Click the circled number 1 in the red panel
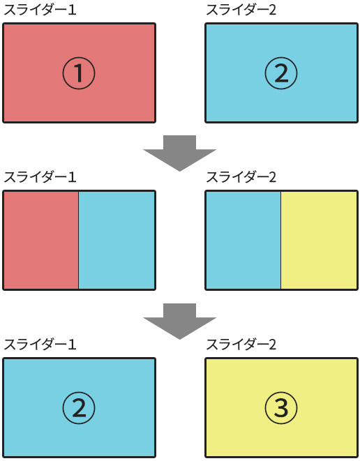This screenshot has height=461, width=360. click(x=79, y=73)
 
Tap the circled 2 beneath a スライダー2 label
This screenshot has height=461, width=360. click(x=281, y=73)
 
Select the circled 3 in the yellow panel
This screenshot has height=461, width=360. click(x=281, y=408)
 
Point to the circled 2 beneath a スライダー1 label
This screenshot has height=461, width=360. click(x=79, y=408)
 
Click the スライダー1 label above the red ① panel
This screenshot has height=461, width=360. click(x=40, y=10)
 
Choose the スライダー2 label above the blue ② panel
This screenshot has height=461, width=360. click(x=241, y=10)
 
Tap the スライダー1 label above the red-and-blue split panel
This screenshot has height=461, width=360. click(x=40, y=177)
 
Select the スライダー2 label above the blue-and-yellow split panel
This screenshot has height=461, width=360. click(x=241, y=177)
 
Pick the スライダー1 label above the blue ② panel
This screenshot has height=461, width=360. click(x=40, y=345)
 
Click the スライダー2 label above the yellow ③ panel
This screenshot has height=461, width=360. click(x=241, y=345)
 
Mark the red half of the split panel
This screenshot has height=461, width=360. click(x=41, y=240)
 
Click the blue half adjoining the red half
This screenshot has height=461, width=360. click(x=117, y=240)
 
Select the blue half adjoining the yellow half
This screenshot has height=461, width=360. click(x=243, y=240)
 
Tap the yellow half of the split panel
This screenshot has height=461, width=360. click(x=319, y=240)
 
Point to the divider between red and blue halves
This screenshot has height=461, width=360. click(x=79, y=240)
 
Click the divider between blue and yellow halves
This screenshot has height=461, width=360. click(x=280, y=240)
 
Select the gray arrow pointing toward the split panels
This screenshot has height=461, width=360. click(x=180, y=153)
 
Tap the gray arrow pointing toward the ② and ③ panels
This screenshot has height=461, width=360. click(x=180, y=321)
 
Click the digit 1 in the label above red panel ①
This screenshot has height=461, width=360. click(x=73, y=10)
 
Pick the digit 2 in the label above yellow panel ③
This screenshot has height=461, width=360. click(x=273, y=345)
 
